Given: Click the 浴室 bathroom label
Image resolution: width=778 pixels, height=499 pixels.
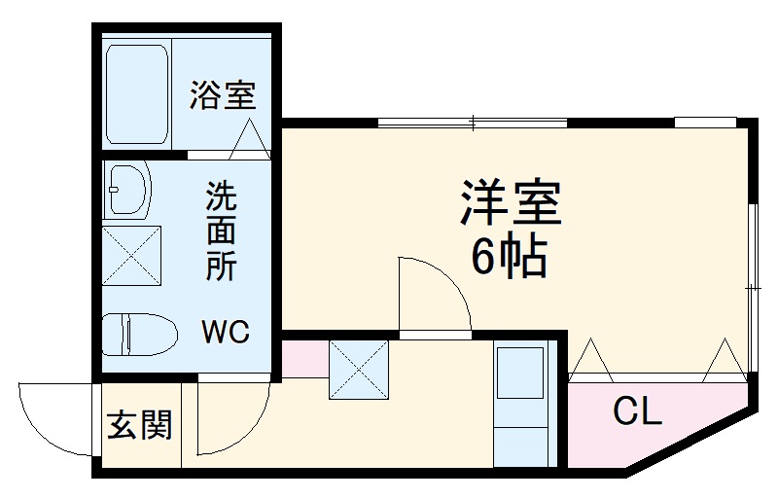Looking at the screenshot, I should [223, 95].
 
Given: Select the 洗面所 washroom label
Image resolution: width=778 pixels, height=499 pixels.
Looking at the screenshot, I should [221, 232].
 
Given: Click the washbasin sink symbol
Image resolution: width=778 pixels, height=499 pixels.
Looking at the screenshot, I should [126, 188].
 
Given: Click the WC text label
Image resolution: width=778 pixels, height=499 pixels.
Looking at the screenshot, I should [226, 333].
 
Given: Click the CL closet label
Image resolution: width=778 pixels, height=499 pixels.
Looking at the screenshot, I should [637, 412].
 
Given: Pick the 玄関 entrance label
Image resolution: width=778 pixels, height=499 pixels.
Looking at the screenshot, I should [140, 425].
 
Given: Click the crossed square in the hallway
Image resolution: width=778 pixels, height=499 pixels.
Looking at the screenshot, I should [359, 370].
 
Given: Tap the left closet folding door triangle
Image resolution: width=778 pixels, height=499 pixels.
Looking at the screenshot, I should [591, 359].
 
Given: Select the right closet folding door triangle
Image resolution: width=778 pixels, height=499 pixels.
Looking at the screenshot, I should [725, 359].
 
